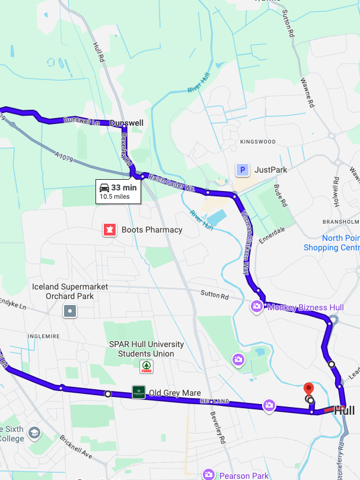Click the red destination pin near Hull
click(x=308, y=390)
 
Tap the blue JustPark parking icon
click(x=242, y=170)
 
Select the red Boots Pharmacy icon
click(x=109, y=230)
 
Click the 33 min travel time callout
click(x=118, y=191)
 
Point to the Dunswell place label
click(x=127, y=123)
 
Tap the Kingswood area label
click(x=258, y=142)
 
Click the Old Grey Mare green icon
click(x=138, y=392)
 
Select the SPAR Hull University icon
click(x=146, y=367)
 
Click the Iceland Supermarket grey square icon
click(x=71, y=310)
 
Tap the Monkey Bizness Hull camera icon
click(x=256, y=307)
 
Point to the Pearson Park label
click(x=244, y=475)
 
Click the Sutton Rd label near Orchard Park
click(x=214, y=294)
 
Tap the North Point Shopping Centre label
click(x=331, y=243)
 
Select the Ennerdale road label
click(x=272, y=232)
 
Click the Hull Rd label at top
click(x=99, y=52)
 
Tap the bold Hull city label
click(x=344, y=411)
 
